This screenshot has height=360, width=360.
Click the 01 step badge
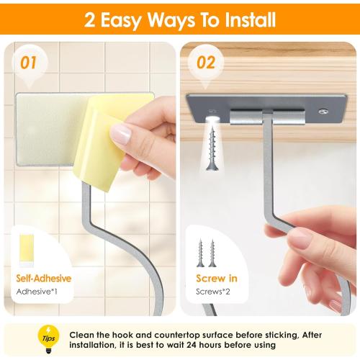28,63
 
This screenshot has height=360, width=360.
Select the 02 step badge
206,63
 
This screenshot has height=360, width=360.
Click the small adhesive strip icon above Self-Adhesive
26,248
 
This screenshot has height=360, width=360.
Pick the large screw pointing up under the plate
212,144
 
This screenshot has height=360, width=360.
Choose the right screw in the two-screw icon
212,252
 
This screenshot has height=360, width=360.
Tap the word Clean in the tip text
83,335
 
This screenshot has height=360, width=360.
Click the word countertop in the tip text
180,335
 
